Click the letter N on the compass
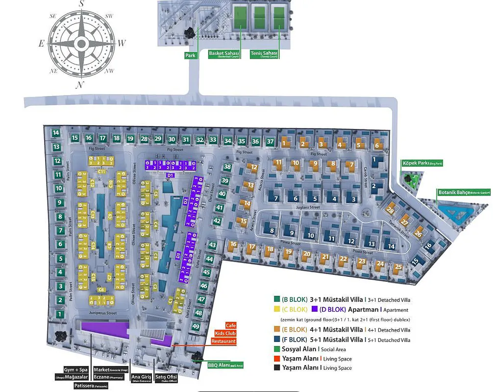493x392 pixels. (x=79, y=85)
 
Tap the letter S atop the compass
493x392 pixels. (x=82, y=4)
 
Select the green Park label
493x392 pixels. (x=190, y=55)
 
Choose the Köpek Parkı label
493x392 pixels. (x=422, y=163)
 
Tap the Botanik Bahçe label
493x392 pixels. (x=464, y=193)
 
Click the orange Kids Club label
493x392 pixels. (x=227, y=333)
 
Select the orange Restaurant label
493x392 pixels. (x=223, y=341)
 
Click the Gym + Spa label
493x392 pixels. (x=76, y=369)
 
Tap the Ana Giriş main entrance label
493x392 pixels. (x=141, y=378)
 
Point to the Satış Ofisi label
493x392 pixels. (x=165, y=378)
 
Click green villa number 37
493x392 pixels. (x=271, y=142)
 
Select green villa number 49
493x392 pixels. (x=196, y=326)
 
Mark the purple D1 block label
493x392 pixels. (x=171, y=175)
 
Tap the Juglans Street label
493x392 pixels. (x=308, y=207)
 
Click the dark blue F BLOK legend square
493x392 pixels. (x=276, y=339)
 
